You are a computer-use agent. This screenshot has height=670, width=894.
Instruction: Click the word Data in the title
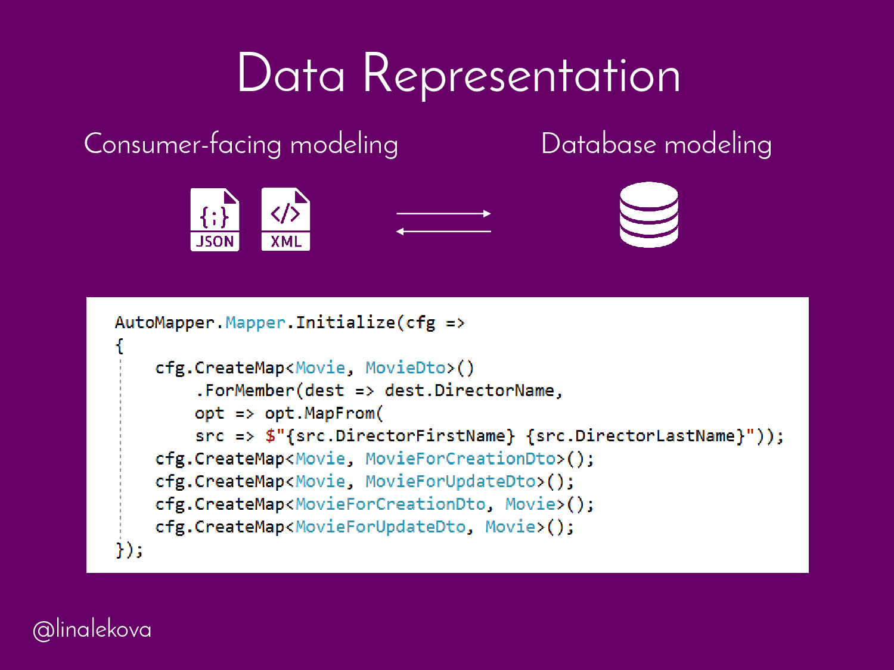[x=291, y=74]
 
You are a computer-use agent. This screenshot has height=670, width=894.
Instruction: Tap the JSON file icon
[x=215, y=219]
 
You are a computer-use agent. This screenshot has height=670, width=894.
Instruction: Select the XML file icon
[x=285, y=219]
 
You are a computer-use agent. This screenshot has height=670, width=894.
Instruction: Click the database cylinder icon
[x=648, y=214]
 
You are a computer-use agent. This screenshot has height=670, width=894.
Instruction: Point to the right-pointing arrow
[x=443, y=213]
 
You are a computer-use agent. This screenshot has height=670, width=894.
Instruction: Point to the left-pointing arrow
[x=443, y=231]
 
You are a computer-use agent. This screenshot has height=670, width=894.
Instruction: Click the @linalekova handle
[x=92, y=630]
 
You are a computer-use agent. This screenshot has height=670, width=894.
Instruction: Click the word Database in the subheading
[x=598, y=144]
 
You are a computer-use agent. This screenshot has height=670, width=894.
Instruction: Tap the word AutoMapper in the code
[x=164, y=323]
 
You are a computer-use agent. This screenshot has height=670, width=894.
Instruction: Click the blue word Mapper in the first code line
[x=255, y=323]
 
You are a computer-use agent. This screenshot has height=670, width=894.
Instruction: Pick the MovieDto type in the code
[x=405, y=368]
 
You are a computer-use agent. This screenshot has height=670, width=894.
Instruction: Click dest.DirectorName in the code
[x=470, y=391]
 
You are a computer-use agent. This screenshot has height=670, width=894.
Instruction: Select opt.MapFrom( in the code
[x=324, y=413]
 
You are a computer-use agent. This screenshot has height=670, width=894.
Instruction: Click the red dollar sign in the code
[x=270, y=436]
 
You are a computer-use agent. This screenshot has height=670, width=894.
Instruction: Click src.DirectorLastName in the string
[x=635, y=436]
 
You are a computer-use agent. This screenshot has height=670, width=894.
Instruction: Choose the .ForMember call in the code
[x=245, y=391]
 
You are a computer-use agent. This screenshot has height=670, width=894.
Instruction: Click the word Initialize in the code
[x=346, y=323]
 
